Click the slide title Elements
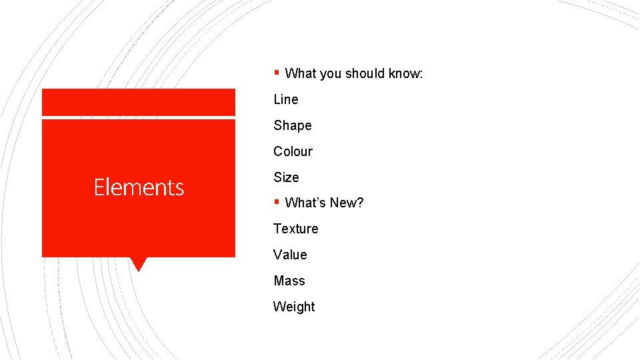139,187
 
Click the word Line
285,99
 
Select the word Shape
292,125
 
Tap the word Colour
293,151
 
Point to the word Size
286,177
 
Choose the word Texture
295,229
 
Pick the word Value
290,255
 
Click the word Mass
289,281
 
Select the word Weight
294,307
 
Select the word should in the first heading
367,73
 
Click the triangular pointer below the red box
138,264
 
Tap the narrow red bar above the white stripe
139,102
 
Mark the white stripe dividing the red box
139,117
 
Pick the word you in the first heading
330,74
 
